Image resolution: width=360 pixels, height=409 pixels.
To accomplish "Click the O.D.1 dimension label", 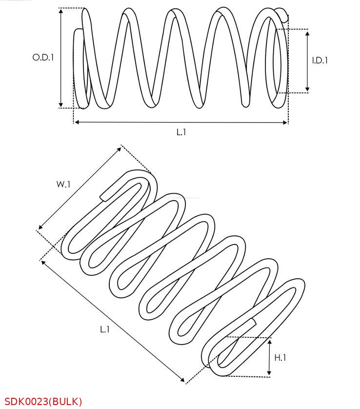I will point(43,57).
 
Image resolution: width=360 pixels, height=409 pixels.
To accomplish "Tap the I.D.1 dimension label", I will point(320,61).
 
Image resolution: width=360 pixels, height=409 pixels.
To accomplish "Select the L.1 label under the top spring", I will point(181,132).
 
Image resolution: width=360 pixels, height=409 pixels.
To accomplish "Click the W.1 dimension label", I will point(63,184).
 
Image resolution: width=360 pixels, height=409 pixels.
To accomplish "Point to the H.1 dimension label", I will point(280,358).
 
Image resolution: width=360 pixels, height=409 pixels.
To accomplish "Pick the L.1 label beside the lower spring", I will point(105,329).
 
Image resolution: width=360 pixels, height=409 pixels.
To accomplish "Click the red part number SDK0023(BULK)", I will point(43,402).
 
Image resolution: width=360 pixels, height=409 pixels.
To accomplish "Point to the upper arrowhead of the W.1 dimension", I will point(120,149).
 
